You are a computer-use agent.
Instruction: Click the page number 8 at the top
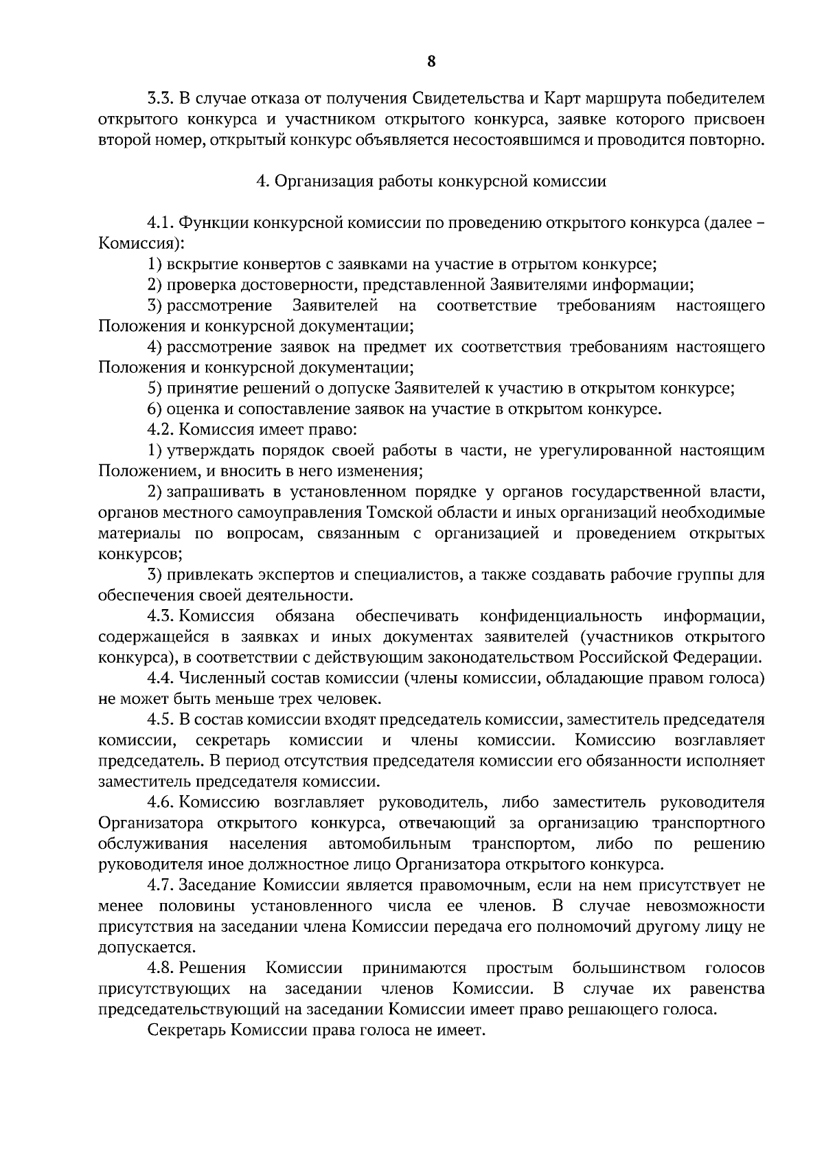(431, 61)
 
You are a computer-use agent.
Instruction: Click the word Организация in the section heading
(320, 181)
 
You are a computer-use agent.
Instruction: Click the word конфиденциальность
(561, 616)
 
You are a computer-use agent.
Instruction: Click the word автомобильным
(390, 843)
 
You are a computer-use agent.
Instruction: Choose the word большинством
(629, 968)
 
